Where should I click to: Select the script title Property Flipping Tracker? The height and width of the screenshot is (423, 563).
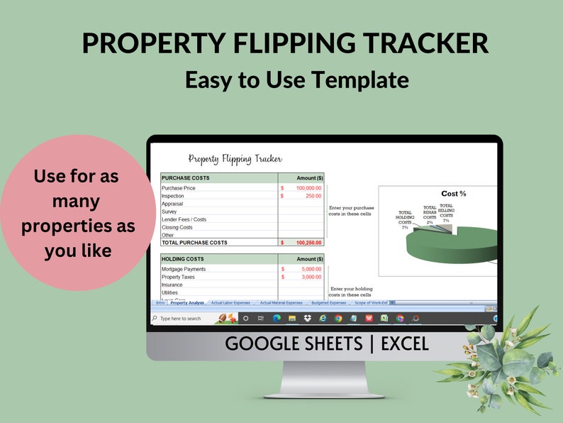[x=235, y=159]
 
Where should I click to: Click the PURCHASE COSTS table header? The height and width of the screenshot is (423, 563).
[x=186, y=178]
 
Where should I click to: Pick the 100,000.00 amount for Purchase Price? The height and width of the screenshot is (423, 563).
[x=308, y=188]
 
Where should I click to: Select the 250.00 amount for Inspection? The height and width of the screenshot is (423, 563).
[x=313, y=196]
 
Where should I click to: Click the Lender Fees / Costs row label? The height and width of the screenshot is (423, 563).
[x=184, y=219]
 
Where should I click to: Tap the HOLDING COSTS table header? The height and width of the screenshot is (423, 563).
[x=183, y=259]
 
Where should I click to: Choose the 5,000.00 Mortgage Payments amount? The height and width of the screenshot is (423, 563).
[x=311, y=269]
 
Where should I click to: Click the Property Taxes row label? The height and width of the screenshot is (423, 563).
[x=178, y=277]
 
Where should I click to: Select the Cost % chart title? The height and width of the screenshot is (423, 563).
[x=454, y=194]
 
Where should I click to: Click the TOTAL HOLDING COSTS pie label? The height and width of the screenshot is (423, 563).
[x=405, y=219]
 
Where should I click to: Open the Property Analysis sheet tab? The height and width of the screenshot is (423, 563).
[x=187, y=303]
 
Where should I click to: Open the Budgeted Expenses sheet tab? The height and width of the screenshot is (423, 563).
[x=329, y=303]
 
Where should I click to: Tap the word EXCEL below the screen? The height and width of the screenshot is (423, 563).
[x=405, y=345]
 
